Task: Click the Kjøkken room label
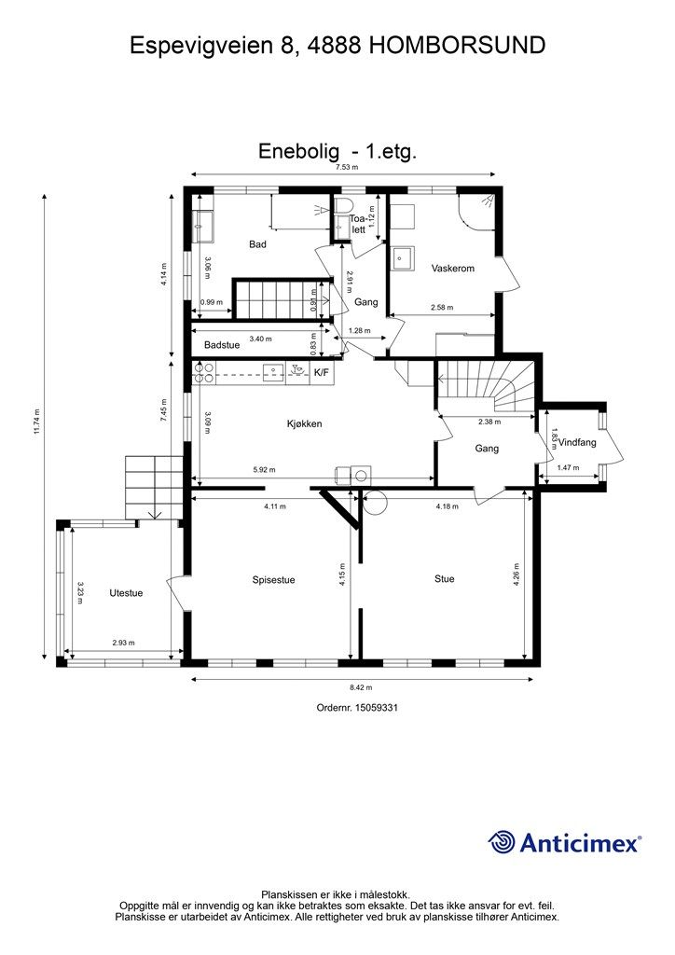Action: point(304,423)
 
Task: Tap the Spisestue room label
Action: point(273,579)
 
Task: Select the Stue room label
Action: point(445,578)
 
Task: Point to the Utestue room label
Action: point(126,592)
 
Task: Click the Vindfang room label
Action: point(577,443)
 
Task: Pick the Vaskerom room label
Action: point(453,269)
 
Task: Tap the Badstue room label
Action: point(222,345)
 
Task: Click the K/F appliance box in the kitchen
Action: point(321,373)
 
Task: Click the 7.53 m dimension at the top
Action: point(347,167)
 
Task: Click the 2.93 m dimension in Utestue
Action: point(124,643)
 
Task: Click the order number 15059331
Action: point(357,708)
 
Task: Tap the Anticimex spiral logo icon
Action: point(503,842)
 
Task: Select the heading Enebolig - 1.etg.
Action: point(336,151)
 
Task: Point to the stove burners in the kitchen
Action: point(204,373)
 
